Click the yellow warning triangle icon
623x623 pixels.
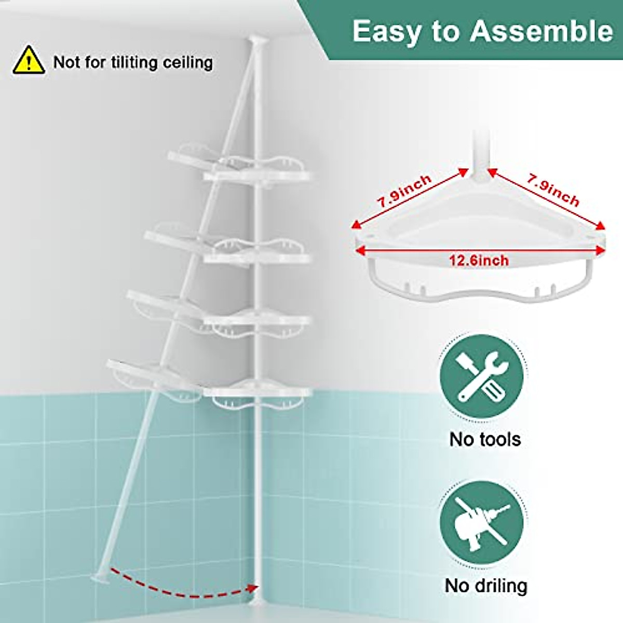tap(29, 60)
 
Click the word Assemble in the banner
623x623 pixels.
tap(541, 31)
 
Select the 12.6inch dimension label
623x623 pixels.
tap(479, 260)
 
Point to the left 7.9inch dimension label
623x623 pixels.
tap(404, 192)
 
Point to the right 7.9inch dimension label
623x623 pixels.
tap(553, 190)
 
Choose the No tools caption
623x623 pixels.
tap(485, 439)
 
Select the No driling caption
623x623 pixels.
tap(486, 586)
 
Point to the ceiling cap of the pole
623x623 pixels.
tap(255, 40)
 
